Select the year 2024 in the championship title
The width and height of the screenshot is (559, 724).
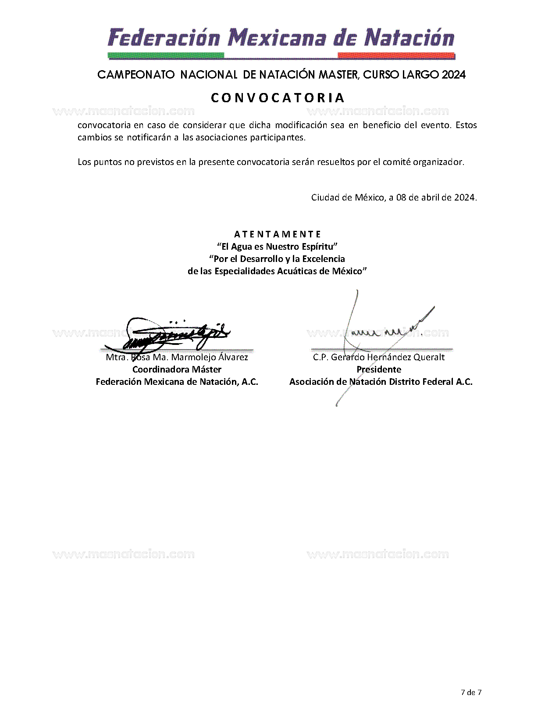(453, 75)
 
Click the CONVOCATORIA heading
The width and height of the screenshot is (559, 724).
(278, 97)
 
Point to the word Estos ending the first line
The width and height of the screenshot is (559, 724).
(466, 125)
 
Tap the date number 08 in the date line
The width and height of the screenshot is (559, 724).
(401, 197)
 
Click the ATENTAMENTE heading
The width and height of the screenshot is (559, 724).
(278, 234)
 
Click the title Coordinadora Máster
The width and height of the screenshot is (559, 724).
(177, 369)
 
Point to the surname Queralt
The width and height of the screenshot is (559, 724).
(429, 357)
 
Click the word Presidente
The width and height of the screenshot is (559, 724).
(378, 369)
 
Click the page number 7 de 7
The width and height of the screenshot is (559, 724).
(471, 693)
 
